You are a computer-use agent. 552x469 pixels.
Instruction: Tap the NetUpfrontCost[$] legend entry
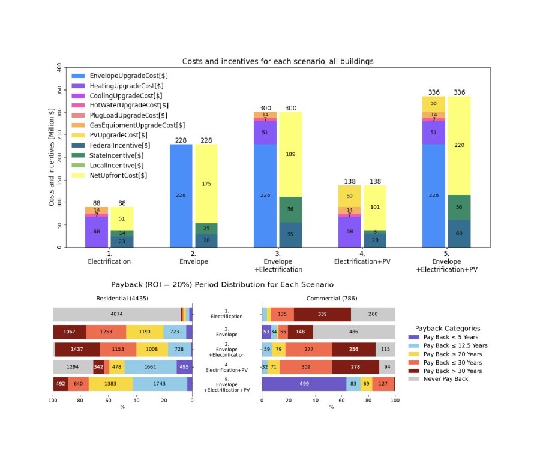click(118, 175)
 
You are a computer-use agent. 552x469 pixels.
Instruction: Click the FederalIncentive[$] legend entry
click(117, 145)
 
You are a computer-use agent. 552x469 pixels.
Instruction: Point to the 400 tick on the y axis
click(59, 68)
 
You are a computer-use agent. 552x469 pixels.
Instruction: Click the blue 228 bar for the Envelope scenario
click(181, 195)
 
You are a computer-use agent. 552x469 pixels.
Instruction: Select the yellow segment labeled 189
click(290, 154)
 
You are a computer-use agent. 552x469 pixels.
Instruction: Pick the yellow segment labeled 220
click(459, 145)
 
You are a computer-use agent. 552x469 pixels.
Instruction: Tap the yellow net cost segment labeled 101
click(374, 208)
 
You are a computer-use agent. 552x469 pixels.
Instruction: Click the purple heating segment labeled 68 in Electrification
click(97, 232)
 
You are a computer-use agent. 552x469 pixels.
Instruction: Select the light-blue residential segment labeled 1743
click(160, 384)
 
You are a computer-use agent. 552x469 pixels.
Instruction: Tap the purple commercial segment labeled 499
click(304, 384)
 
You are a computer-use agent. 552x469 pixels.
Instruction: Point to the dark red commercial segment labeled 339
click(322, 314)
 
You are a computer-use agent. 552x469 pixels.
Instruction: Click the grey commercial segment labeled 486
click(353, 332)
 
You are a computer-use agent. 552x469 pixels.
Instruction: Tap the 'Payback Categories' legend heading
click(448, 328)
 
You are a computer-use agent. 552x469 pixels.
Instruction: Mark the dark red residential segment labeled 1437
click(77, 349)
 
